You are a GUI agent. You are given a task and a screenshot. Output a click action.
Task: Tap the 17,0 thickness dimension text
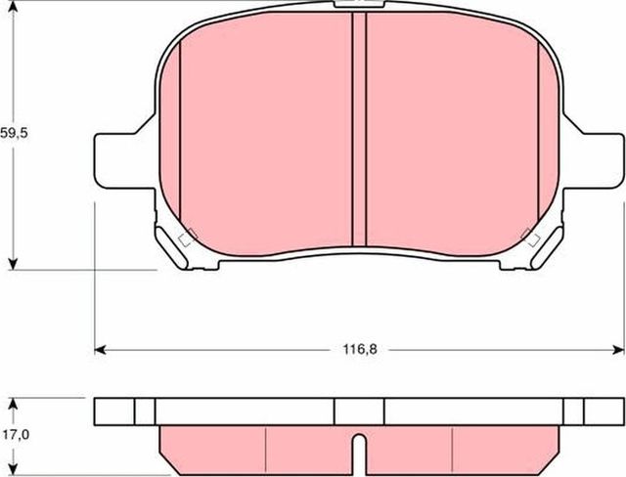click(x=14, y=426)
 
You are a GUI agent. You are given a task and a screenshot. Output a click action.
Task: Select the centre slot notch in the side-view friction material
click(x=358, y=451)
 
